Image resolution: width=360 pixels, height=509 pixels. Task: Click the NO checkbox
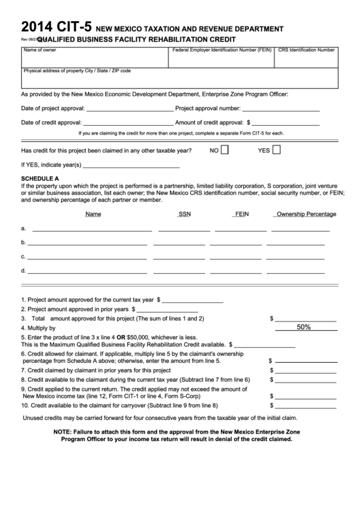click(x=224, y=150)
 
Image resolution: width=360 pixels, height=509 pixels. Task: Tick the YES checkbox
click(x=276, y=150)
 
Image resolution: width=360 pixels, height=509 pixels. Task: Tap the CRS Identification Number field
click(x=306, y=60)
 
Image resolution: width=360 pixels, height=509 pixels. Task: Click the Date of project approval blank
click(x=129, y=109)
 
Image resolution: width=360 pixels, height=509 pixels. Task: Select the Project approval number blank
click(x=281, y=109)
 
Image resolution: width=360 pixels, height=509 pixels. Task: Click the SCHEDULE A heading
click(x=41, y=177)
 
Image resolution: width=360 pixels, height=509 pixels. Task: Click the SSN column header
click(x=184, y=214)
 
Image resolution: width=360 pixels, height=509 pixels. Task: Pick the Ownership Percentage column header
click(x=306, y=214)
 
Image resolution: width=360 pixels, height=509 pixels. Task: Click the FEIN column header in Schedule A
click(x=241, y=214)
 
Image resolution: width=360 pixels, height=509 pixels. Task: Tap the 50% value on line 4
click(x=303, y=327)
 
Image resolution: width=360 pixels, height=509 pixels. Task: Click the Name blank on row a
click(x=88, y=229)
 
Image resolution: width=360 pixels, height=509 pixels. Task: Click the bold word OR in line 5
click(x=121, y=337)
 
